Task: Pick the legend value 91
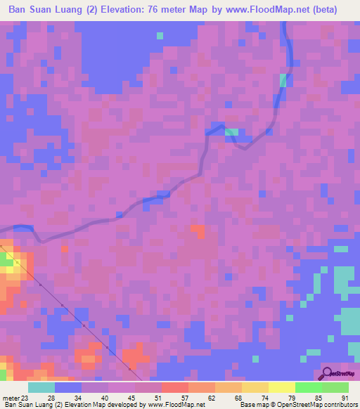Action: pyautogui.click(x=345, y=398)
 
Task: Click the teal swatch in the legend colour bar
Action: pyautogui.click(x=41, y=387)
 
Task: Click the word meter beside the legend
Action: pyautogui.click(x=10, y=398)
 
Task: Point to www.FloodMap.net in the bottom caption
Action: pyautogui.click(x=176, y=405)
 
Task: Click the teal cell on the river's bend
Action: pyautogui.click(x=231, y=132)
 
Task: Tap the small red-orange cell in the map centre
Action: pyautogui.click(x=199, y=231)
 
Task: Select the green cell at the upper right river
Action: pyautogui.click(x=283, y=80)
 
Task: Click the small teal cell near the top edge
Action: pyautogui.click(x=160, y=34)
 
